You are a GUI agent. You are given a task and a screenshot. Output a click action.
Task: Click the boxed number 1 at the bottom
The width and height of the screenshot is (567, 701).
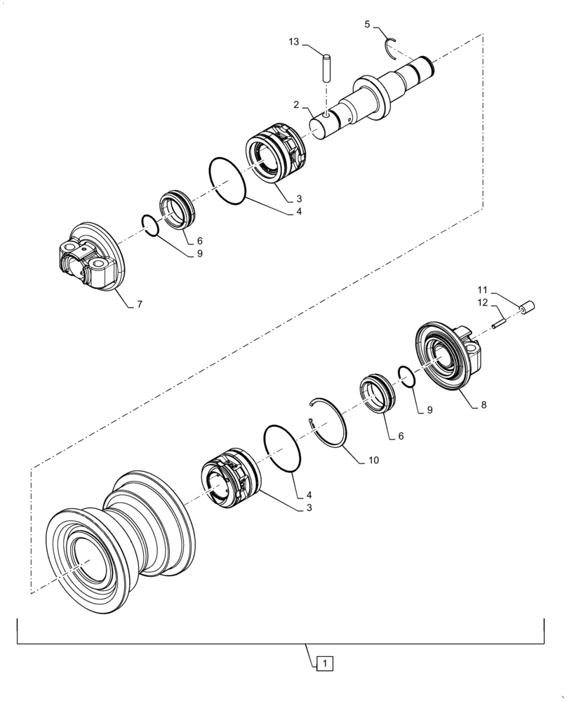click(x=325, y=661)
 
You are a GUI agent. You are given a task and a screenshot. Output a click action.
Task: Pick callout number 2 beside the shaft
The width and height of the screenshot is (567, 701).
click(x=297, y=104)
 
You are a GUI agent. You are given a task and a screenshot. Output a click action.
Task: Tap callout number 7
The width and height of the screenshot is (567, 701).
click(x=138, y=304)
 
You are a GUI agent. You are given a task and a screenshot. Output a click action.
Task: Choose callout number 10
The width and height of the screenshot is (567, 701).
click(x=373, y=461)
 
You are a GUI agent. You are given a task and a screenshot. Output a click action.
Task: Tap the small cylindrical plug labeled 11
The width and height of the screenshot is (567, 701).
click(x=526, y=306)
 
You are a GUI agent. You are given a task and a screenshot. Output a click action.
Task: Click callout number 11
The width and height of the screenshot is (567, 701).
click(x=483, y=289)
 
